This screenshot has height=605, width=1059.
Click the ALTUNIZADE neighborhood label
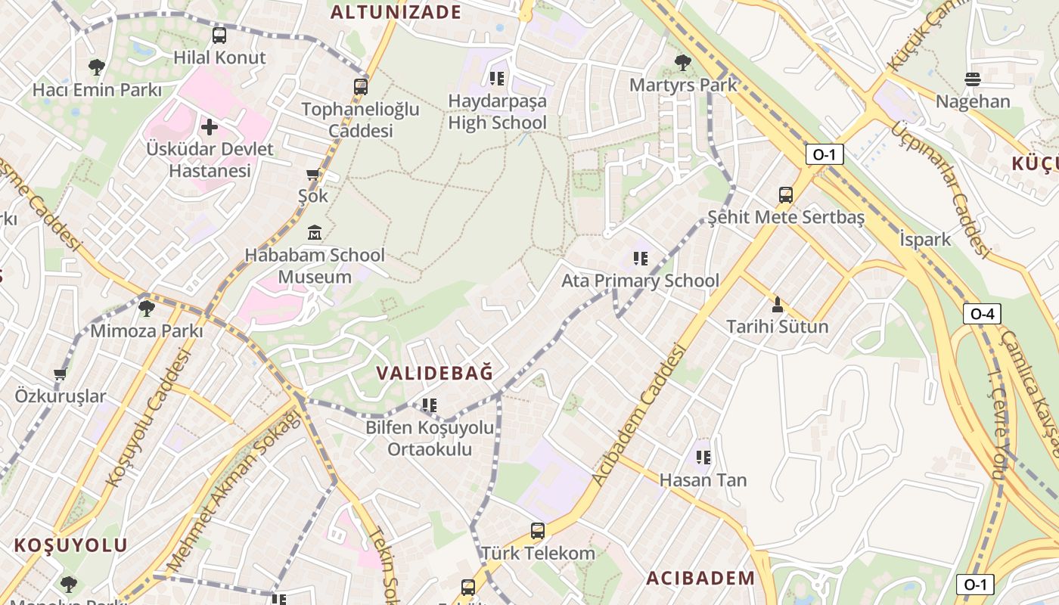point(396,12)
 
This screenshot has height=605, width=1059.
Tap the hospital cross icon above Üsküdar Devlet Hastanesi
point(210,126)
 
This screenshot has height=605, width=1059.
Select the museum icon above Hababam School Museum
point(315,232)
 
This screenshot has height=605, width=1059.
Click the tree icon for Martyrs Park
point(683,62)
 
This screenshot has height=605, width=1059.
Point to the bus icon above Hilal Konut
point(219,35)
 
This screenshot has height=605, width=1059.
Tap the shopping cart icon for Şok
point(313,175)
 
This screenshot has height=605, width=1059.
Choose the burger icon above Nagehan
point(973,79)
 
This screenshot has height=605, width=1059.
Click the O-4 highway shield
point(982,313)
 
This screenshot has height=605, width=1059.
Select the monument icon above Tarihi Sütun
point(777,305)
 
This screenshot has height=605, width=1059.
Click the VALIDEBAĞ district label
point(435,373)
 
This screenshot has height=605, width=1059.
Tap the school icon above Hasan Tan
point(703,458)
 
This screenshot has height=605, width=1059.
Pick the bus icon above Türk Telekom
point(538,531)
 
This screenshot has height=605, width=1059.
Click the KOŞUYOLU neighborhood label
point(71,545)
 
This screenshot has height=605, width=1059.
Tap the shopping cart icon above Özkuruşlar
point(61,374)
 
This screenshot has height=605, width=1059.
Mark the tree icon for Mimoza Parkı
point(146,309)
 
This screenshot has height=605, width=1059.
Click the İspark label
point(925,240)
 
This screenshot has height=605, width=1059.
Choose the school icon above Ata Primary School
point(641,259)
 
